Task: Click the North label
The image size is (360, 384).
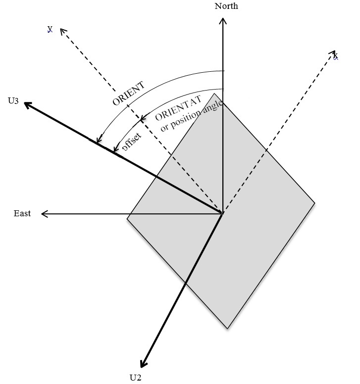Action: [x=226, y=6]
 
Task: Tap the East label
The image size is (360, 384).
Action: [x=22, y=213]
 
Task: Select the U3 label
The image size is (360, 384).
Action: [x=13, y=100]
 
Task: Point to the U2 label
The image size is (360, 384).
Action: [x=136, y=378]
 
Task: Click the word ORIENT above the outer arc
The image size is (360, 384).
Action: [x=128, y=94]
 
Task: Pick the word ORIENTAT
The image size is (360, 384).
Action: [x=178, y=108]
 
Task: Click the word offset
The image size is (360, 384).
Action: [x=132, y=142]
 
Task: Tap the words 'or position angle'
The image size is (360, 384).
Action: [x=192, y=116]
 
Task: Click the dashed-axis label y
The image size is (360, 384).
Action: [x=50, y=29]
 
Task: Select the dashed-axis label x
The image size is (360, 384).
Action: [x=335, y=56]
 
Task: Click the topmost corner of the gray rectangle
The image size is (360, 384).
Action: [x=214, y=94]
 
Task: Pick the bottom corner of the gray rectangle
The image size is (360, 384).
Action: [x=228, y=329]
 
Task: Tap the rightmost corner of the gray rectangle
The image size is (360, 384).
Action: [x=314, y=203]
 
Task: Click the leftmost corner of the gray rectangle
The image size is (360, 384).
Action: [x=127, y=219]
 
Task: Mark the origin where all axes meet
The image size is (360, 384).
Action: [x=222, y=214]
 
